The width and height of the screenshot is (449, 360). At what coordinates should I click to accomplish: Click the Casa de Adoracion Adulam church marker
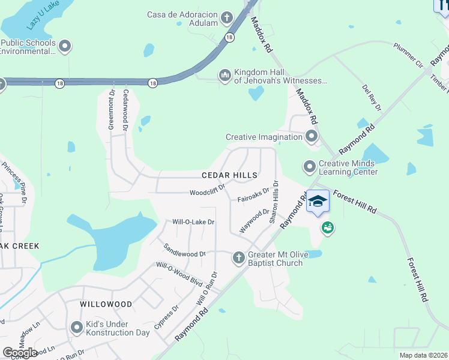pos(227,17)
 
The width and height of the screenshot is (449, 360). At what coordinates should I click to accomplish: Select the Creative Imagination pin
pos(311,137)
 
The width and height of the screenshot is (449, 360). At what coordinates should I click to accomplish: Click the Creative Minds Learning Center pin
pos(310,166)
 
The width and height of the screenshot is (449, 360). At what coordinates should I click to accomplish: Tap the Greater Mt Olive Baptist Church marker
pos(238,257)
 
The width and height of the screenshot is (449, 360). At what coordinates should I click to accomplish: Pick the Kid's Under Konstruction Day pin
pos(76,328)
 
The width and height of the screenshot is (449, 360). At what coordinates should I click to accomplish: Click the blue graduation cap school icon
pos(318,202)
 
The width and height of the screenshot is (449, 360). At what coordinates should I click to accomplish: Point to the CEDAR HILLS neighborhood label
pos(229,175)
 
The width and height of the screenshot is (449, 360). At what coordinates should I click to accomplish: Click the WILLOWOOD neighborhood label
pos(106,304)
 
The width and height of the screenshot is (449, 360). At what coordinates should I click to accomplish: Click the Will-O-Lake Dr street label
pos(193,222)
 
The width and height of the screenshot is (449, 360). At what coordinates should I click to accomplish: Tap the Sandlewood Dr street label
pos(184,250)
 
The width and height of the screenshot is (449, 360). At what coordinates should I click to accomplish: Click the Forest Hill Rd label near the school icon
pos(354,202)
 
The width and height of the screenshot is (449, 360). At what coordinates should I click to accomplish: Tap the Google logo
pos(20,353)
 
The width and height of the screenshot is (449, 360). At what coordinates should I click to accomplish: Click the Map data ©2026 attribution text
pos(424,355)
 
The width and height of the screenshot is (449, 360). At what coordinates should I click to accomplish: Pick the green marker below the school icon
pos(327,228)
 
